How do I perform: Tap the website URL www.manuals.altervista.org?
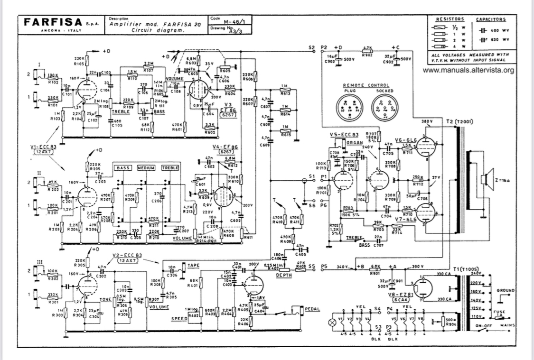[x=468, y=71]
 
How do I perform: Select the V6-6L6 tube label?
[x=405, y=140]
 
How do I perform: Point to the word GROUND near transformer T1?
[x=505, y=290]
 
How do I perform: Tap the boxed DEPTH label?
[x=284, y=275]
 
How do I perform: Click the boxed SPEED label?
[x=179, y=319]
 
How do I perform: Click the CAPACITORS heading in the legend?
[x=491, y=19]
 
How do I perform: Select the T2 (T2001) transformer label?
[x=459, y=122]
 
